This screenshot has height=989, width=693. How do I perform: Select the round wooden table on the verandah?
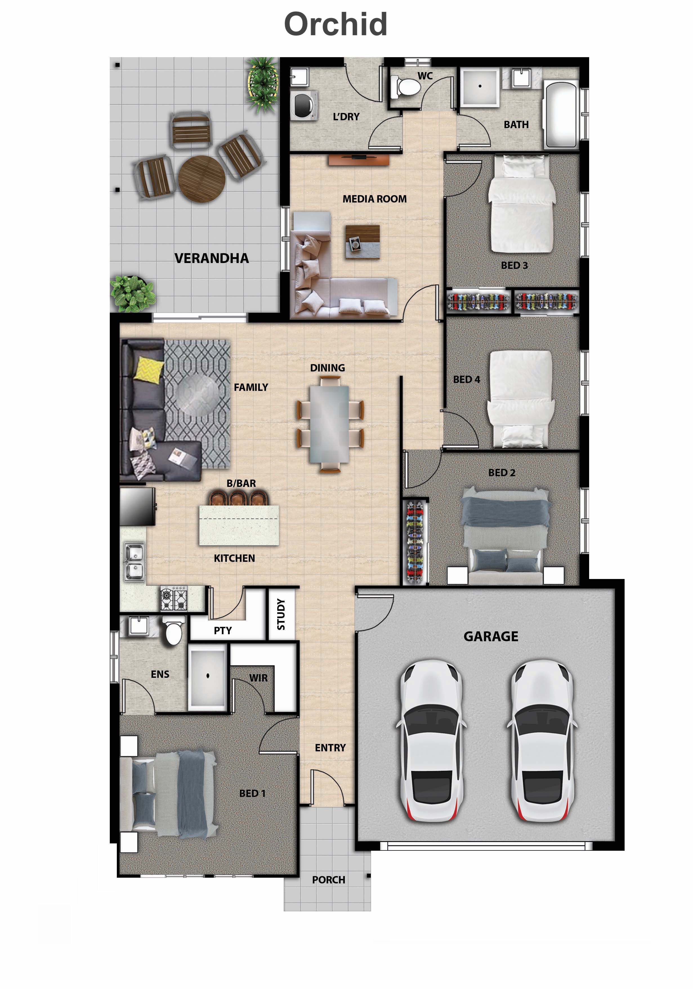click(202, 179)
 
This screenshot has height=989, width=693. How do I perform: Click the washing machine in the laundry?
click(304, 105)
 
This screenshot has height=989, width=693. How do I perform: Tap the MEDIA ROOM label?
click(374, 199)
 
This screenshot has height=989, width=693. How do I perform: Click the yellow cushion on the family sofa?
click(149, 369)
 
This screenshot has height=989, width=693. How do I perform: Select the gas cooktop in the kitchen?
click(174, 598)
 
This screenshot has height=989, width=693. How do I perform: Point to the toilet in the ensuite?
click(173, 631)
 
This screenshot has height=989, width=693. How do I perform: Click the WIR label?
click(258, 678)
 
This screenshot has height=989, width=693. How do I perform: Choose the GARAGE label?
click(490, 636)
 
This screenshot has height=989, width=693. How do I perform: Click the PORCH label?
click(328, 879)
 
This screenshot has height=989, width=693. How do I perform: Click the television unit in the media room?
click(359, 159)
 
